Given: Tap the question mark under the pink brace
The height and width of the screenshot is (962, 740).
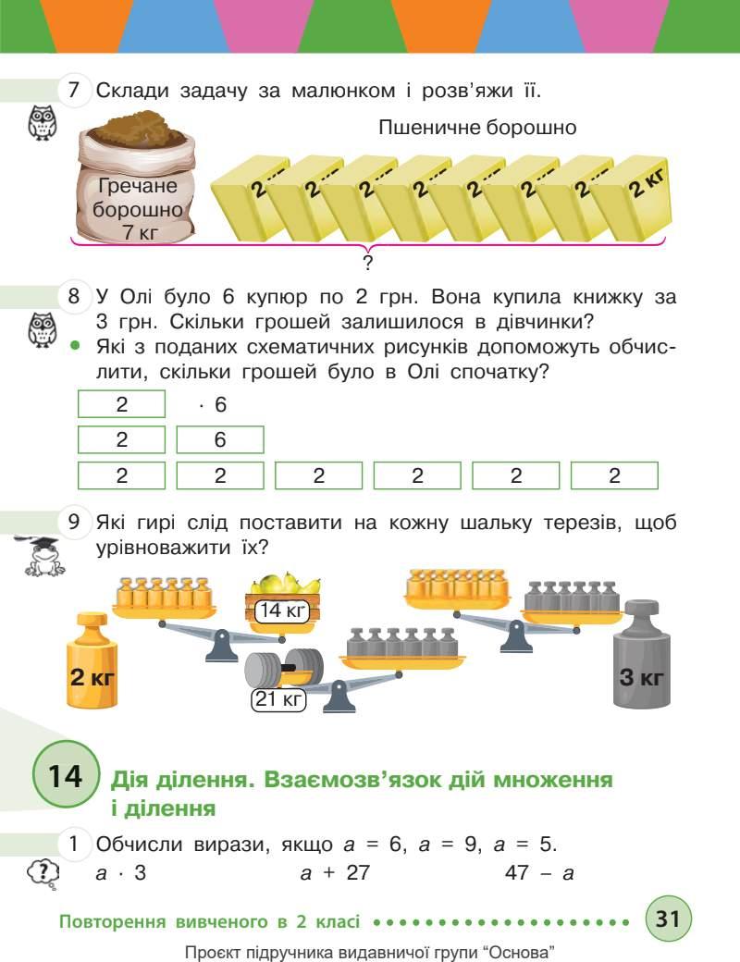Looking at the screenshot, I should click(367, 264).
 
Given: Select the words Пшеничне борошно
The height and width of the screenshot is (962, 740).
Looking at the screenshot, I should click(477, 128).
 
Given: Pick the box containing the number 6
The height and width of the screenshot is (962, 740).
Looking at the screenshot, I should click(220, 440).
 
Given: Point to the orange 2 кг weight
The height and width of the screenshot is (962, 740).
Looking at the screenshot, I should click(91, 663).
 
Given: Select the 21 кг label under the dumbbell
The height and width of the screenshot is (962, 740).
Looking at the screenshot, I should click(277, 700).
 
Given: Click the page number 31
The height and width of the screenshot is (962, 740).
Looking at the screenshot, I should click(668, 920).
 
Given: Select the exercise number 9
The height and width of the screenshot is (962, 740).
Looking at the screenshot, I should click(75, 523).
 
